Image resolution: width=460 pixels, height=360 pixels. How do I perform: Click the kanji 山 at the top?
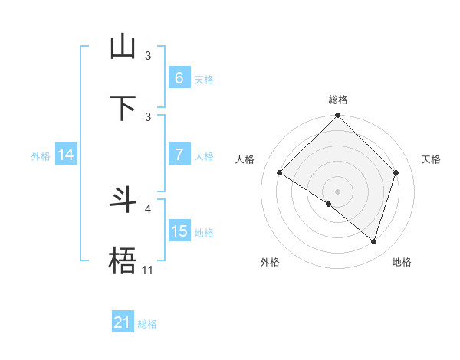click(x=123, y=47)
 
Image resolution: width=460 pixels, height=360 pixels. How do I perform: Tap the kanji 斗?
click(x=123, y=200)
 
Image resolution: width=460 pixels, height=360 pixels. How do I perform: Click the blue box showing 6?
click(x=179, y=78)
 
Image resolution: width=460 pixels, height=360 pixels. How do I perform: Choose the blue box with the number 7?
click(x=179, y=155)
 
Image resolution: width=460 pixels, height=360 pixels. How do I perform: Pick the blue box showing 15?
click(x=179, y=231)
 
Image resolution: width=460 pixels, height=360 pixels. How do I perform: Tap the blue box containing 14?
click(x=66, y=155)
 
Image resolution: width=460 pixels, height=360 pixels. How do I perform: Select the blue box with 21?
click(x=123, y=322)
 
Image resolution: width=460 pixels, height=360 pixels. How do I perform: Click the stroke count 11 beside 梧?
click(x=148, y=270)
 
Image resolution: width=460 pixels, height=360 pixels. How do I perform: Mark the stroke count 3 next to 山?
click(x=148, y=56)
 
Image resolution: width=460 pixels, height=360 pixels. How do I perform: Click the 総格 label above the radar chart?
click(x=338, y=100)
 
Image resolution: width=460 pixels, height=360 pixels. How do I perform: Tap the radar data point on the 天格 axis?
click(x=396, y=173)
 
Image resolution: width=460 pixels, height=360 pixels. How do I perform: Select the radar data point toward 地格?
click(x=374, y=241)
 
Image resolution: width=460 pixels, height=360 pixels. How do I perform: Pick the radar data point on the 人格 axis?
click(x=280, y=173)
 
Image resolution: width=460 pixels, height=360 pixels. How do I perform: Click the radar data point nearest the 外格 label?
click(x=329, y=204)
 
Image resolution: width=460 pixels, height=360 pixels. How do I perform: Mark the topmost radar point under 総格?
click(x=338, y=116)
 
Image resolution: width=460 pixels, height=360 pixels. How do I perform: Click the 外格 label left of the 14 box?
click(x=41, y=155)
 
